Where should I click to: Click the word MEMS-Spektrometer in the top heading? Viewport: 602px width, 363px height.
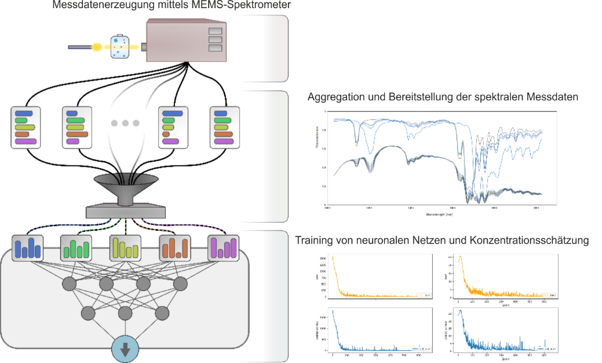coord(240,6)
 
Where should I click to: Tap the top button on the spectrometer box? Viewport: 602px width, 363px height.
coord(215,31)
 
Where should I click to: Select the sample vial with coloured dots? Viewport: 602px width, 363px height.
coord(119,46)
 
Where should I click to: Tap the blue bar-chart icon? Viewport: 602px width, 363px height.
coord(27,248)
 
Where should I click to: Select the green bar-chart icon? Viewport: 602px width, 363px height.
coord(76,248)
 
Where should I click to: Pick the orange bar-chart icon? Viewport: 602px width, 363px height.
coord(174,248)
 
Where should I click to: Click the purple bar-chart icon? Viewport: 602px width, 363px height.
coord(224,248)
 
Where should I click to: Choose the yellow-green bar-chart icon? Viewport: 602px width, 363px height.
coord(125,248)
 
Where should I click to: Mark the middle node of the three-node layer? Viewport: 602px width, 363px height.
coord(125,313)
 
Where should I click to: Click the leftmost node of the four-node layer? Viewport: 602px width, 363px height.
coord(70,284)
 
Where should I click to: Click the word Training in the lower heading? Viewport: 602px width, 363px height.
coord(313,240)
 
